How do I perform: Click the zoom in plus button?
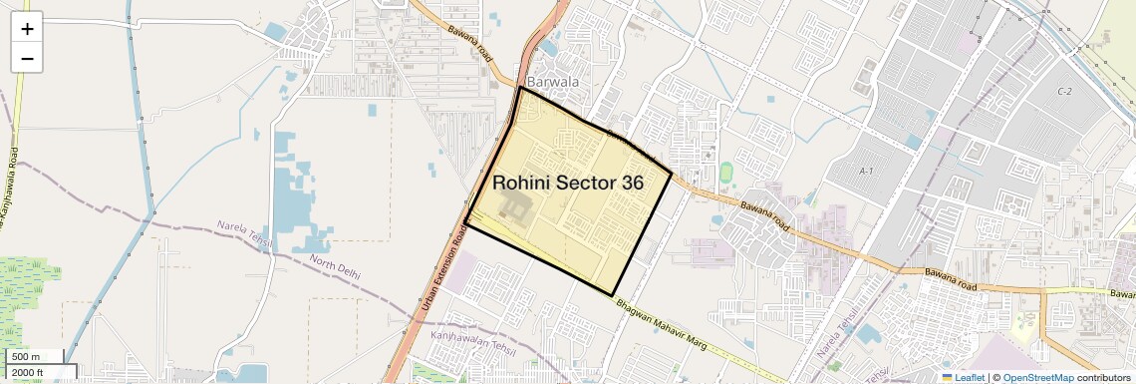pos(27,29)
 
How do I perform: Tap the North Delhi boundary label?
pos(335,266)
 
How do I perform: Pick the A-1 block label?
pos(866,172)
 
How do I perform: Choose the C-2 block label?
pos(1063,92)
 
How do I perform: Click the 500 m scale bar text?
pos(27,356)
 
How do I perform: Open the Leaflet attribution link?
pos(963,377)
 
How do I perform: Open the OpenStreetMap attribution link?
pos(1037,377)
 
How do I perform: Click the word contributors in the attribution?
pos(1104,377)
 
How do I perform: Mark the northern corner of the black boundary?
pos(519,88)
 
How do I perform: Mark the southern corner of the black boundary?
pos(612,294)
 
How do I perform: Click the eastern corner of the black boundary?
pos(671,177)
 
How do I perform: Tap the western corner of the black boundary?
pos(465,221)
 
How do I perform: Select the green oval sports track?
pos(725,172)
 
